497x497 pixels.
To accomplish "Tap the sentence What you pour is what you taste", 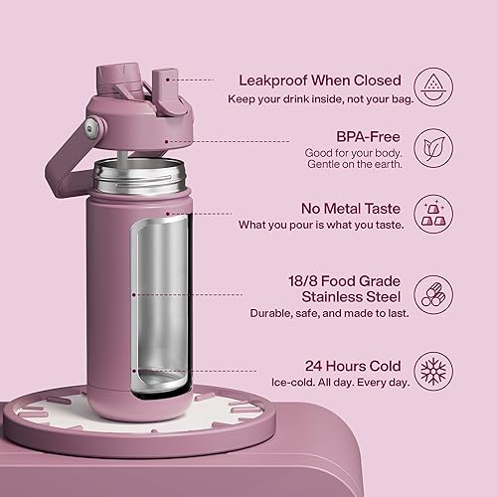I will (x=319, y=225).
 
